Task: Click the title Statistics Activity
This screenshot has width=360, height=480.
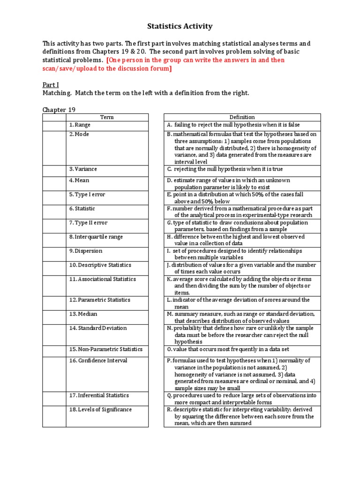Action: [180, 26]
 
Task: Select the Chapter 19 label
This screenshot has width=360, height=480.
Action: [59, 110]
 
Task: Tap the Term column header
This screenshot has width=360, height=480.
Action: [107, 117]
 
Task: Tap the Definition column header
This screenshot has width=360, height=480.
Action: [242, 117]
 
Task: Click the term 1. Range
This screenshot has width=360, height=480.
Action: [80, 125]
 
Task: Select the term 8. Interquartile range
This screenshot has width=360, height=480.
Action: [96, 237]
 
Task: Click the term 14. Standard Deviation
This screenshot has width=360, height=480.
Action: [97, 328]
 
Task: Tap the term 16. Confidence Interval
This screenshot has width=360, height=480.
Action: [98, 360]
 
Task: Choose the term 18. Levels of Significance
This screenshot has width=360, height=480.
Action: [100, 409]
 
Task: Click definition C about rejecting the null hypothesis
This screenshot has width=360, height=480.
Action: [225, 169]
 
